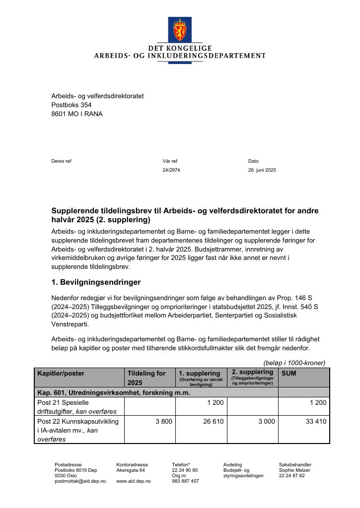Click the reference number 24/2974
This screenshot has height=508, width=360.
pos(171,170)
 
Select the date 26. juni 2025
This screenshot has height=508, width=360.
pos(262,170)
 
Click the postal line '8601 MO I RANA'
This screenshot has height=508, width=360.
pos(77,114)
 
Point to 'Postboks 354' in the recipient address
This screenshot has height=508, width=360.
pos(72,105)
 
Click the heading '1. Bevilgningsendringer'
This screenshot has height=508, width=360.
pos(96,282)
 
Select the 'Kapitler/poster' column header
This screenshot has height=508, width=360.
pos(61,373)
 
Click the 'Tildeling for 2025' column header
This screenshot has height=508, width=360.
pos(146,378)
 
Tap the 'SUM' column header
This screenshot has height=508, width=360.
pos(289,373)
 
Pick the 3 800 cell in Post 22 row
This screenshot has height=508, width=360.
pos(162,422)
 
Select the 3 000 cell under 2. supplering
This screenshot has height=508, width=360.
pos(266,422)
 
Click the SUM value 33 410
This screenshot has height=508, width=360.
pos(316,422)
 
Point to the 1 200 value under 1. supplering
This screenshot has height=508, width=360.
pos(215,402)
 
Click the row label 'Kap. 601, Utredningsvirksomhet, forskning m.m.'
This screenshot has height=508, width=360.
pos(114,392)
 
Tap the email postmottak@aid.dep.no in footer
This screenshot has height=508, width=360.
pos(80,481)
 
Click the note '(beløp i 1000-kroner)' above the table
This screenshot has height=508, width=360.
pos(294,363)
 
